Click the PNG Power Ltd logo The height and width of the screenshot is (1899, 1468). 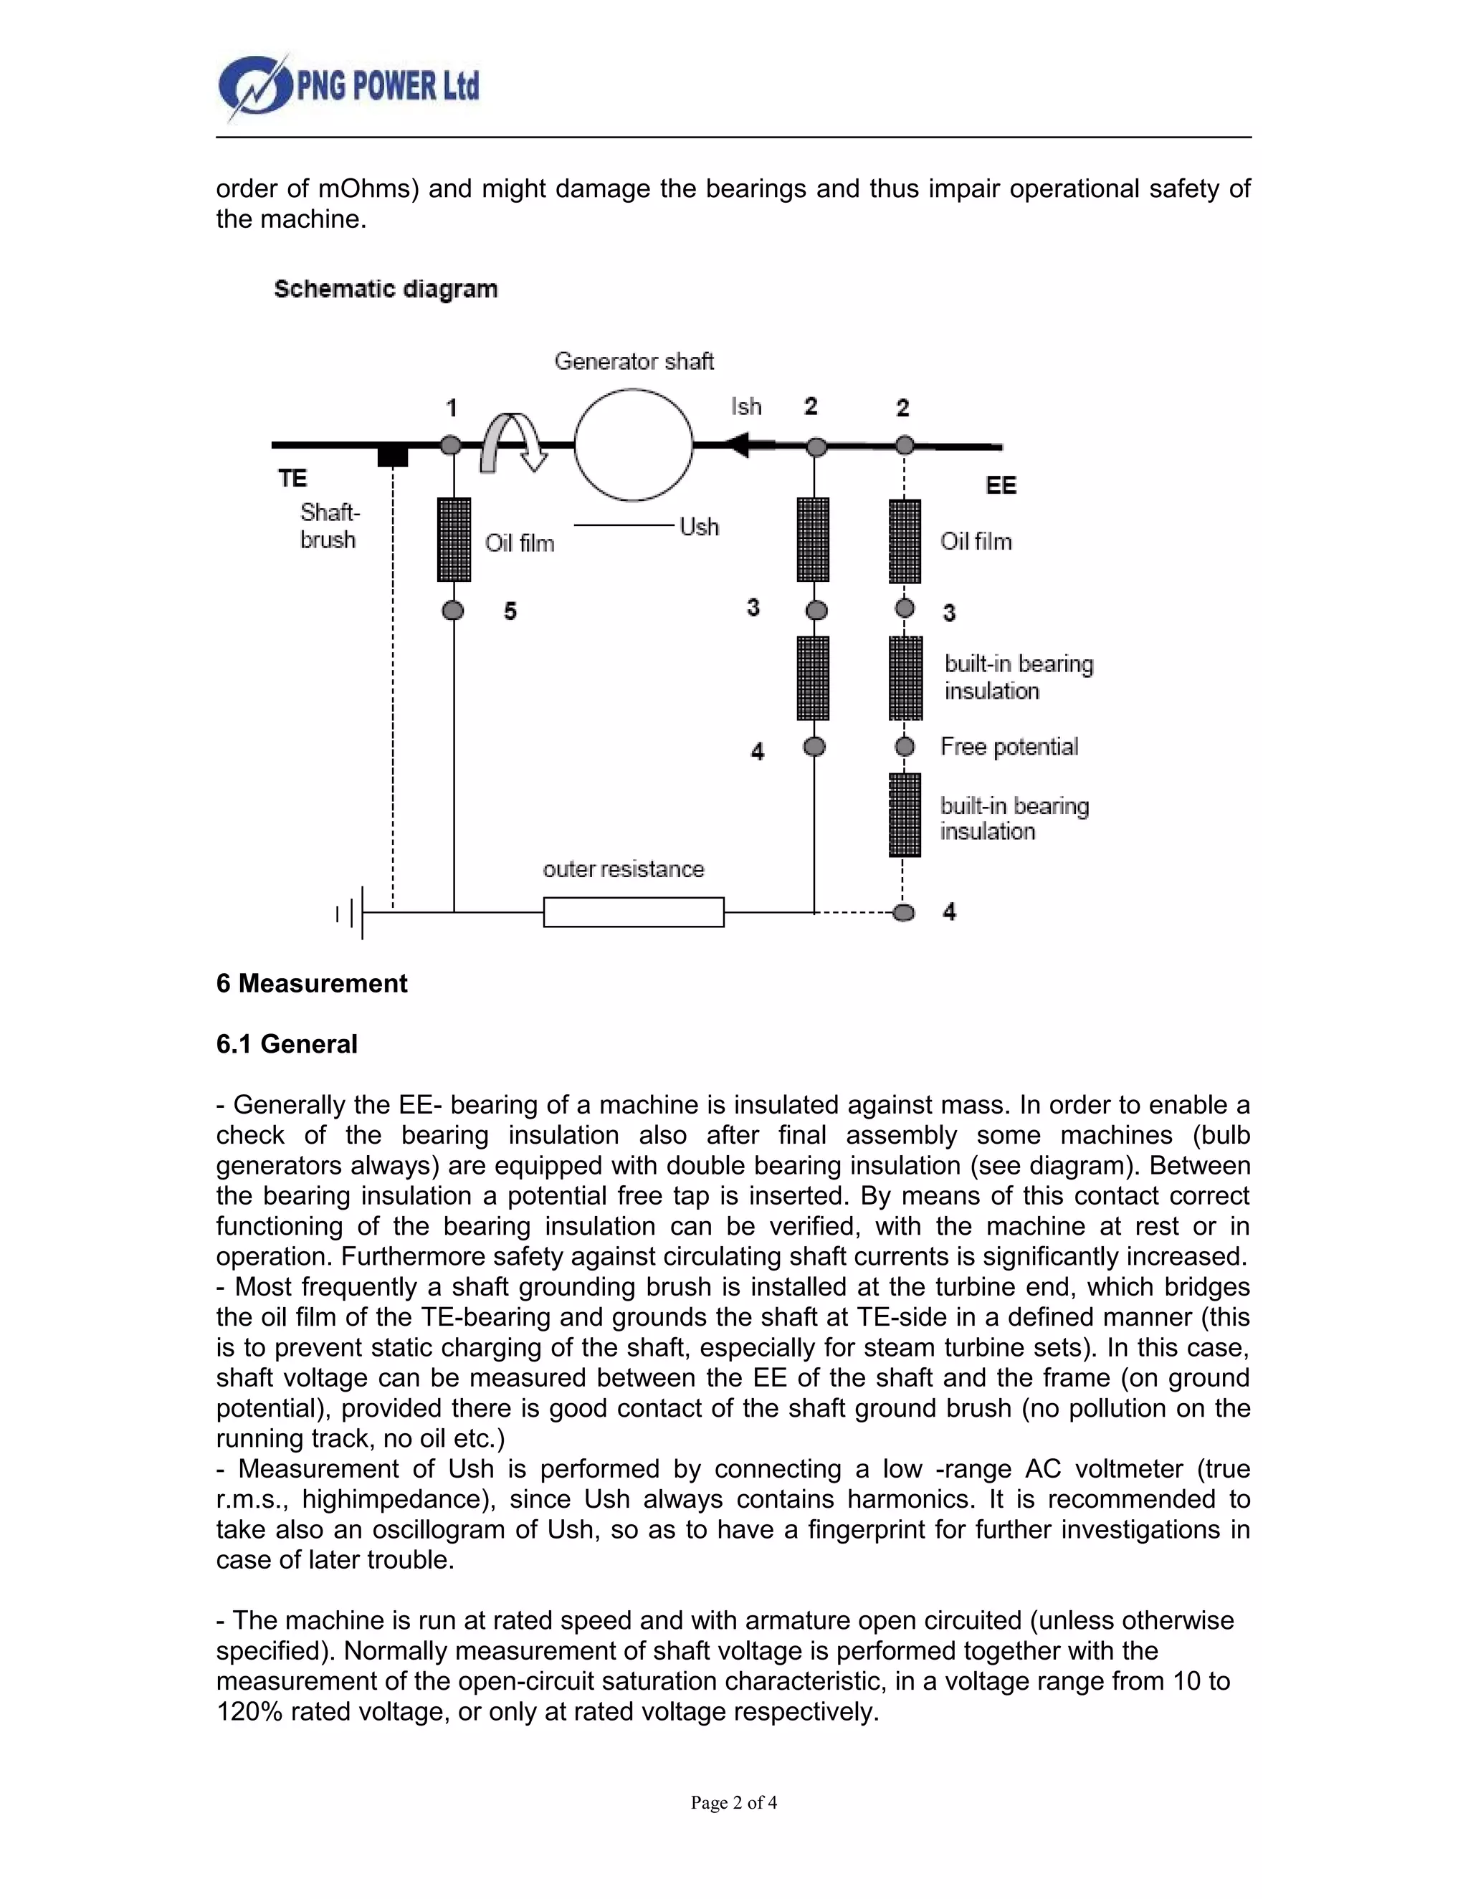[348, 87]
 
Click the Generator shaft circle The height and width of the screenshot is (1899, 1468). [633, 444]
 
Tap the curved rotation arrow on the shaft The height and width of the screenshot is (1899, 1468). [511, 441]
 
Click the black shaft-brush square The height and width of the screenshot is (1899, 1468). [393, 456]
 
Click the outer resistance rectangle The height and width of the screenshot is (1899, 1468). [633, 912]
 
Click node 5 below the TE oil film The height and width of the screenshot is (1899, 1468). [453, 611]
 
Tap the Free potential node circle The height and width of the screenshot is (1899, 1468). [905, 746]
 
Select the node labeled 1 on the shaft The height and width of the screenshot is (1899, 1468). [450, 445]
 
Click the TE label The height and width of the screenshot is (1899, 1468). [293, 478]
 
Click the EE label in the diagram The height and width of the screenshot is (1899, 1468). [1000, 485]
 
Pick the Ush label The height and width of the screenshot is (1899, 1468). [699, 527]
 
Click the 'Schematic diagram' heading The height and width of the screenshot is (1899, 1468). [385, 289]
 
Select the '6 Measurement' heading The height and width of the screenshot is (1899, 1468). [311, 983]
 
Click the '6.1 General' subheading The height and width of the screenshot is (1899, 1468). [287, 1043]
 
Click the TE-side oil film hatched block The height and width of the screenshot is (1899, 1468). [454, 539]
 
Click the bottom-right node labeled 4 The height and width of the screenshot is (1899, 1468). [905, 912]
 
